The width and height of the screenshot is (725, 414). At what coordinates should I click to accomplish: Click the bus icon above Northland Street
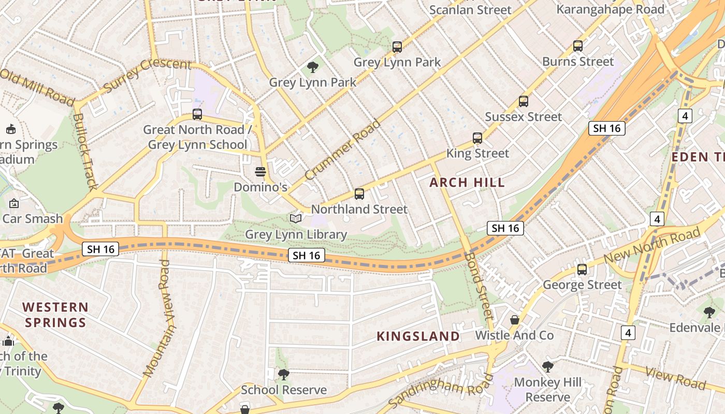[x=359, y=194]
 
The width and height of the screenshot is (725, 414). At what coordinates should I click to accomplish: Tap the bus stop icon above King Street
[x=477, y=138]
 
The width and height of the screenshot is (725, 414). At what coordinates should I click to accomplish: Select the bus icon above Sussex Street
[x=524, y=101]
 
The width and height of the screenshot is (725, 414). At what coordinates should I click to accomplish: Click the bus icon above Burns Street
[x=578, y=46]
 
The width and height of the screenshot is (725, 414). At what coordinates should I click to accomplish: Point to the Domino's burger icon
[x=260, y=172]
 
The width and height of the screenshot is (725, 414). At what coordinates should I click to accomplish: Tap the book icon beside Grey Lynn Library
[x=296, y=219]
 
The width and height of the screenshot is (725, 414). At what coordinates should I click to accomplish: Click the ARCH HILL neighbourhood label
[x=467, y=182]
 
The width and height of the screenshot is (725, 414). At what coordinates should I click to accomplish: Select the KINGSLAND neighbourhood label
[x=418, y=336]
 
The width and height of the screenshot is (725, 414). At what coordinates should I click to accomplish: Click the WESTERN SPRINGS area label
[x=55, y=315]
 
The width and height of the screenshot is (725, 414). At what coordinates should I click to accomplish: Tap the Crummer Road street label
[x=343, y=150]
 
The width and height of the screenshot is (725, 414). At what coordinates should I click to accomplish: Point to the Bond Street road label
[x=480, y=285]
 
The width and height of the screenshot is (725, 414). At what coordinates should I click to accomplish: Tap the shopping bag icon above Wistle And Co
[x=515, y=320]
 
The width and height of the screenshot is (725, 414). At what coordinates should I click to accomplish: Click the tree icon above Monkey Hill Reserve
[x=548, y=367]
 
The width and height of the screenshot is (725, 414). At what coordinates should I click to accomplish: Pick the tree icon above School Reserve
[x=283, y=374]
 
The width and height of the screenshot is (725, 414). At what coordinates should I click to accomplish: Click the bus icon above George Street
[x=582, y=270]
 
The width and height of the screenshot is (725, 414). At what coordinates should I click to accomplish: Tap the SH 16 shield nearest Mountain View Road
[x=100, y=249]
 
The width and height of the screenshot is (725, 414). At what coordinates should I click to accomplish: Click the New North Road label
[x=653, y=247]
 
